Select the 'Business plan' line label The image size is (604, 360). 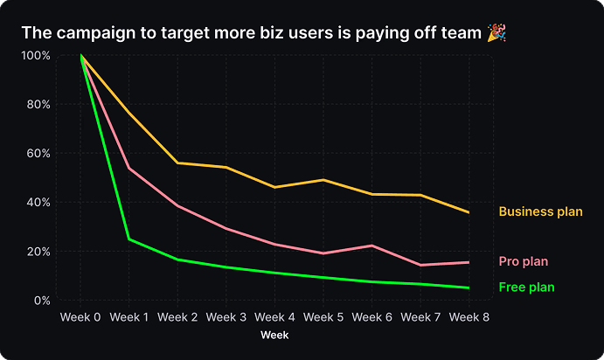tap(538, 211)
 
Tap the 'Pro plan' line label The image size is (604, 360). tap(524, 261)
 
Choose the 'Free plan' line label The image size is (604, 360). tap(526, 287)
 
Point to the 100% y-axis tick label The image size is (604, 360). tap(36, 55)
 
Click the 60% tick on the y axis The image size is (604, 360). tap(39, 153)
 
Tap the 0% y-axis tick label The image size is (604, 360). tap(42, 301)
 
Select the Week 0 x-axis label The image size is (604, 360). tap(80, 316)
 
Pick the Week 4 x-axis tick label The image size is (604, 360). tap(275, 316)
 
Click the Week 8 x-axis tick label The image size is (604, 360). tap(469, 316)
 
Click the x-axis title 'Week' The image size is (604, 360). tap(274, 335)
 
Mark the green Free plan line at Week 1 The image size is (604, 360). tap(129, 239)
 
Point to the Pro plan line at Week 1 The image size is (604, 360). tap(129, 168)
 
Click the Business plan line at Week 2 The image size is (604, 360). tap(177, 163)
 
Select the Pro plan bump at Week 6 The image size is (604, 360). tap(372, 246)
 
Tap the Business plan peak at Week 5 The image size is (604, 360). tap(323, 180)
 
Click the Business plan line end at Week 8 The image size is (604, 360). tap(469, 212)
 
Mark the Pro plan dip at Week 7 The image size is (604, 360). tap(420, 265)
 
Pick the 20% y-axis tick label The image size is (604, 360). tap(39, 252)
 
